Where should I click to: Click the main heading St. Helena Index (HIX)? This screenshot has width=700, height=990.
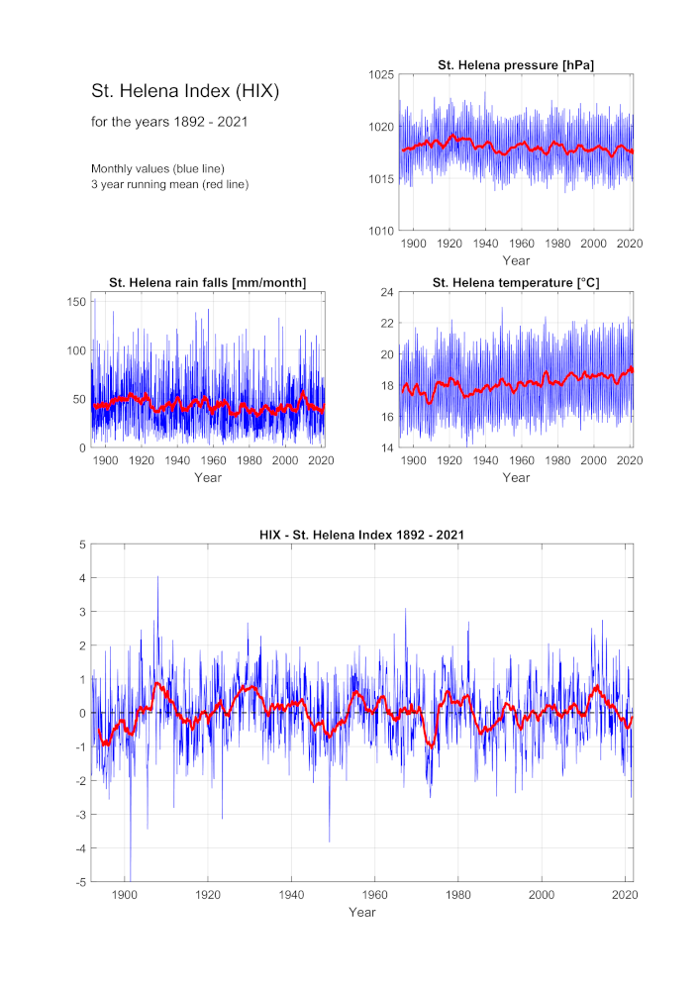pos(185,91)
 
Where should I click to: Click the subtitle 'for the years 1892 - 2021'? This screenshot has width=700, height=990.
pos(169,122)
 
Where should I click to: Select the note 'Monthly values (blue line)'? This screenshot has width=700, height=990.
pos(157,168)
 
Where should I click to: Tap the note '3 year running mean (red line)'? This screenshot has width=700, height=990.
pos(169,184)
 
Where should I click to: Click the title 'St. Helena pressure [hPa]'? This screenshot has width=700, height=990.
pos(516,65)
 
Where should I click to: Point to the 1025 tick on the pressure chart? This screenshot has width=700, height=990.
pos(381,75)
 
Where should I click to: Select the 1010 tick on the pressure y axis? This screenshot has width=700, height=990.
pos(381,231)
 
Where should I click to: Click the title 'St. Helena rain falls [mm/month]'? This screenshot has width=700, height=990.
pos(208,283)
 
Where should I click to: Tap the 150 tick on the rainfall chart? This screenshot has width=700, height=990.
pos(76,302)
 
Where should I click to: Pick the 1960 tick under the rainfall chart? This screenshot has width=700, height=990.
pos(213,461)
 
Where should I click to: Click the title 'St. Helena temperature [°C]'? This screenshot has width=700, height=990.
pos(516,283)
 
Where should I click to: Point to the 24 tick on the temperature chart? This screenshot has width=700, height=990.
pos(387,292)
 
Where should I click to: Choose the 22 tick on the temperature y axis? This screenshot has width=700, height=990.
pos(387,324)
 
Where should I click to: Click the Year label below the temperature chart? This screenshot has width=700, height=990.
pos(516,478)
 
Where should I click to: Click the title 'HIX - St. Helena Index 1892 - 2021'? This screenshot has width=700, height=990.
pos(361,535)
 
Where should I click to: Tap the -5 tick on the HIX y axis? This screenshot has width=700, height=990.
pos(80,882)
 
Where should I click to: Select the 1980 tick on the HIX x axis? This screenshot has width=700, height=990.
pos(458,895)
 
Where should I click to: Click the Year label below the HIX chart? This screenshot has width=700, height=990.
pos(362,913)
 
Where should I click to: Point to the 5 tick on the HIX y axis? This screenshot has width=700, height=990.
pos(83,544)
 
